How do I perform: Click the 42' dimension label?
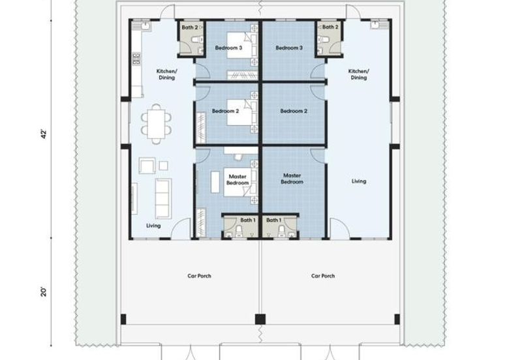click(x=44, y=134)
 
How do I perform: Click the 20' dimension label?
click(x=44, y=292)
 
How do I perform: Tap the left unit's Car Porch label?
click(x=199, y=276)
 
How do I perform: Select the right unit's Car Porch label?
click(x=323, y=276)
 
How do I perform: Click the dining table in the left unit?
click(x=156, y=124)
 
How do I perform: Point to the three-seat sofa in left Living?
click(x=163, y=199)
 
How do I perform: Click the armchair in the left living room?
click(x=147, y=166)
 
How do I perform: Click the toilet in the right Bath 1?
click(x=282, y=230)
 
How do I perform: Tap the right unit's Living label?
click(x=359, y=181)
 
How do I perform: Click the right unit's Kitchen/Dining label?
click(x=359, y=74)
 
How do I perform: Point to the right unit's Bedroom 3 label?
click(x=289, y=48)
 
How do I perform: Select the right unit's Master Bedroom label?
click(x=292, y=179)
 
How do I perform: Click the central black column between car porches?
click(x=260, y=320)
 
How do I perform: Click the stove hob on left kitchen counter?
click(x=136, y=59)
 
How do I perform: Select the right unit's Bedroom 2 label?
click(x=294, y=111)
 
